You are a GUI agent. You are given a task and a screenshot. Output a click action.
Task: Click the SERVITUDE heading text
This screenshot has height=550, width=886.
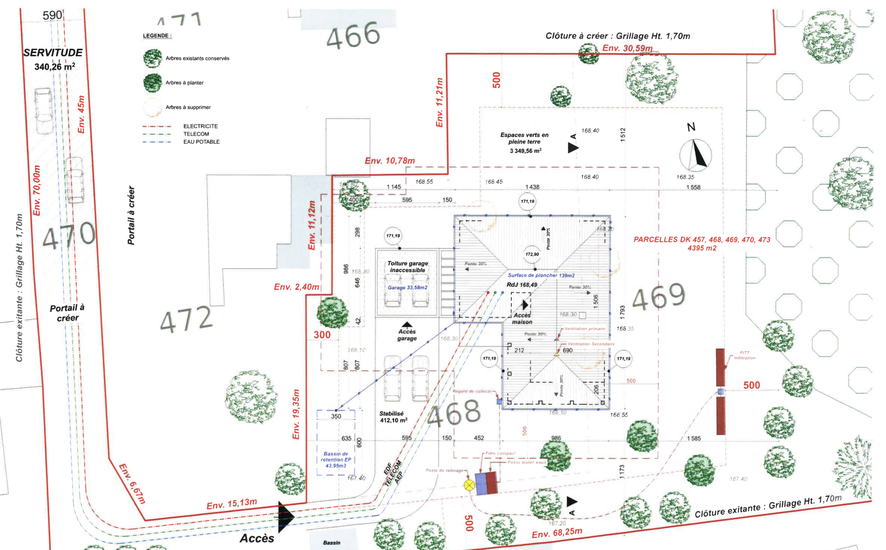[53, 53]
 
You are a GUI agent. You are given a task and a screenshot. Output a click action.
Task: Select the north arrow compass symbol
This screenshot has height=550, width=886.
[695, 155]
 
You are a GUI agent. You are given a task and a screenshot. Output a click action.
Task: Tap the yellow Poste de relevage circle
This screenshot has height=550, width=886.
[469, 485]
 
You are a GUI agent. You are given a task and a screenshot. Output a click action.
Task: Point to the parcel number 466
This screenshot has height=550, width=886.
[353, 35]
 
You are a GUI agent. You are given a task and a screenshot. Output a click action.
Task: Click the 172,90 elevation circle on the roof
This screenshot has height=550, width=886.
[532, 254]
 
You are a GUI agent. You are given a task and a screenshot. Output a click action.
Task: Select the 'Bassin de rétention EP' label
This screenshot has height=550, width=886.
[336, 460]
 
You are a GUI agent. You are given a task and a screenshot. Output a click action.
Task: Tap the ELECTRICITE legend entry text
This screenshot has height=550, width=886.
[200, 126]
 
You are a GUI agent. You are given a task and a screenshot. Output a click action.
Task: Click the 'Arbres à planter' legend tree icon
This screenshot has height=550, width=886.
[152, 83]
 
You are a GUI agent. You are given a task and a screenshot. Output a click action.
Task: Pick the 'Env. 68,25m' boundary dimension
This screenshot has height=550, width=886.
[557, 533]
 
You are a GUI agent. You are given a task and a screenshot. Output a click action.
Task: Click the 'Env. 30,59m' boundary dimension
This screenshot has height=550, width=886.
[627, 48]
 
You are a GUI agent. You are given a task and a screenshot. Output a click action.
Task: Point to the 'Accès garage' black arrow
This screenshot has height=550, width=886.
[407, 324]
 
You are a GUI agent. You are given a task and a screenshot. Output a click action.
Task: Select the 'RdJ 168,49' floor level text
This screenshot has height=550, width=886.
[522, 285]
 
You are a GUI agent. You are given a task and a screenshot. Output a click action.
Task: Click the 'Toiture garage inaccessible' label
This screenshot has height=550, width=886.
[408, 266]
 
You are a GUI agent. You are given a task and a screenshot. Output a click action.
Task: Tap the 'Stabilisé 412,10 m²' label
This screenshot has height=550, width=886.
[393, 417]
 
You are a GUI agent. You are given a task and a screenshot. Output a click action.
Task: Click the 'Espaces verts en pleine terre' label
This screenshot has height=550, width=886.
[524, 138]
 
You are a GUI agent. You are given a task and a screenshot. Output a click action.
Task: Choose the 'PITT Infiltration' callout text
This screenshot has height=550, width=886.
[744, 355]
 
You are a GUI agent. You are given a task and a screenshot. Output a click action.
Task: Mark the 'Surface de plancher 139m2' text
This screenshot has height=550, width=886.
[541, 275]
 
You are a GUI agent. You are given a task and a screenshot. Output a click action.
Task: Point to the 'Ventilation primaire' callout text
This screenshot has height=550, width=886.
[584, 329]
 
